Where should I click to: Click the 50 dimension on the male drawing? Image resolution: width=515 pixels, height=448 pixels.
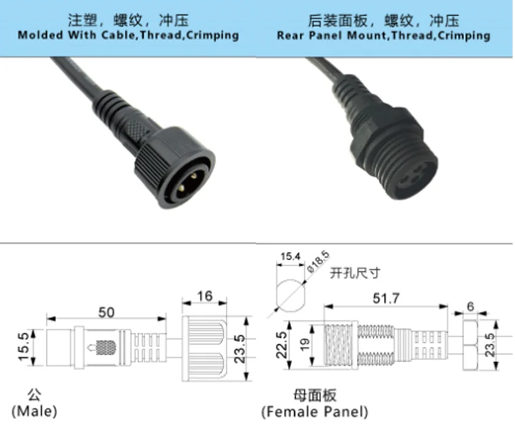pos(106,312)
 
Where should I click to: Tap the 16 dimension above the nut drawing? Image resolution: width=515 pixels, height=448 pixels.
pos(205,296)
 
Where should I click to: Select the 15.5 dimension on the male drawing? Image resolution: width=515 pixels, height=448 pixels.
pos(24,346)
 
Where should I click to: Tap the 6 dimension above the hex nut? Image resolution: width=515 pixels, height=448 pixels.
pos(470,305)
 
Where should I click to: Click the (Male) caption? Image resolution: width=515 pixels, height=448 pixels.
pos(34,411)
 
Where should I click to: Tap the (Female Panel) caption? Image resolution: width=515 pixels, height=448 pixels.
pos(315,412)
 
